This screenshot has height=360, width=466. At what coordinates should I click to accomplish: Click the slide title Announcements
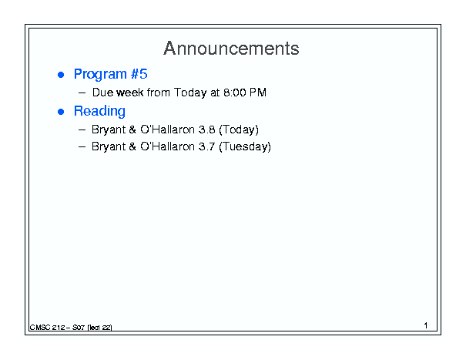click(x=231, y=49)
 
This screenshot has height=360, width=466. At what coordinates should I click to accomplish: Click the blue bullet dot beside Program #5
click(x=61, y=75)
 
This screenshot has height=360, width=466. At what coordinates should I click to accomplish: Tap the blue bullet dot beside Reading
click(x=61, y=112)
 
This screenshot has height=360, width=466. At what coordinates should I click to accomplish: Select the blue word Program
click(x=100, y=74)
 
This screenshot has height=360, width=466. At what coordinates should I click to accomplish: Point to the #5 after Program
click(x=139, y=74)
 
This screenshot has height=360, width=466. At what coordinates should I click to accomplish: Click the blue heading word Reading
click(x=99, y=111)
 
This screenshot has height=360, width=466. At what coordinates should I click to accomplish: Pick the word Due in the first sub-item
click(x=103, y=93)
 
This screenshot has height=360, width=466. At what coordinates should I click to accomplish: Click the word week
click(x=130, y=93)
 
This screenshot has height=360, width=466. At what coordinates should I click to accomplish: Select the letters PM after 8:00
click(x=258, y=93)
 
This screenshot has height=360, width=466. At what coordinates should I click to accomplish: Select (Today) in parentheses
click(x=239, y=130)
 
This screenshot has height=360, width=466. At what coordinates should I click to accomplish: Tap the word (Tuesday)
click(x=245, y=147)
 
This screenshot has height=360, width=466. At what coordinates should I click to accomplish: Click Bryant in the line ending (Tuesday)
click(x=109, y=147)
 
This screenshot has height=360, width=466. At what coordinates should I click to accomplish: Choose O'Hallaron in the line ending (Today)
click(x=168, y=130)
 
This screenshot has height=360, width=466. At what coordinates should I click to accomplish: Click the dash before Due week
click(x=82, y=93)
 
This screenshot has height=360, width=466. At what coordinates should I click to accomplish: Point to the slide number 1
click(x=426, y=325)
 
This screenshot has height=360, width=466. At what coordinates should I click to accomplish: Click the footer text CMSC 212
click(x=47, y=328)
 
